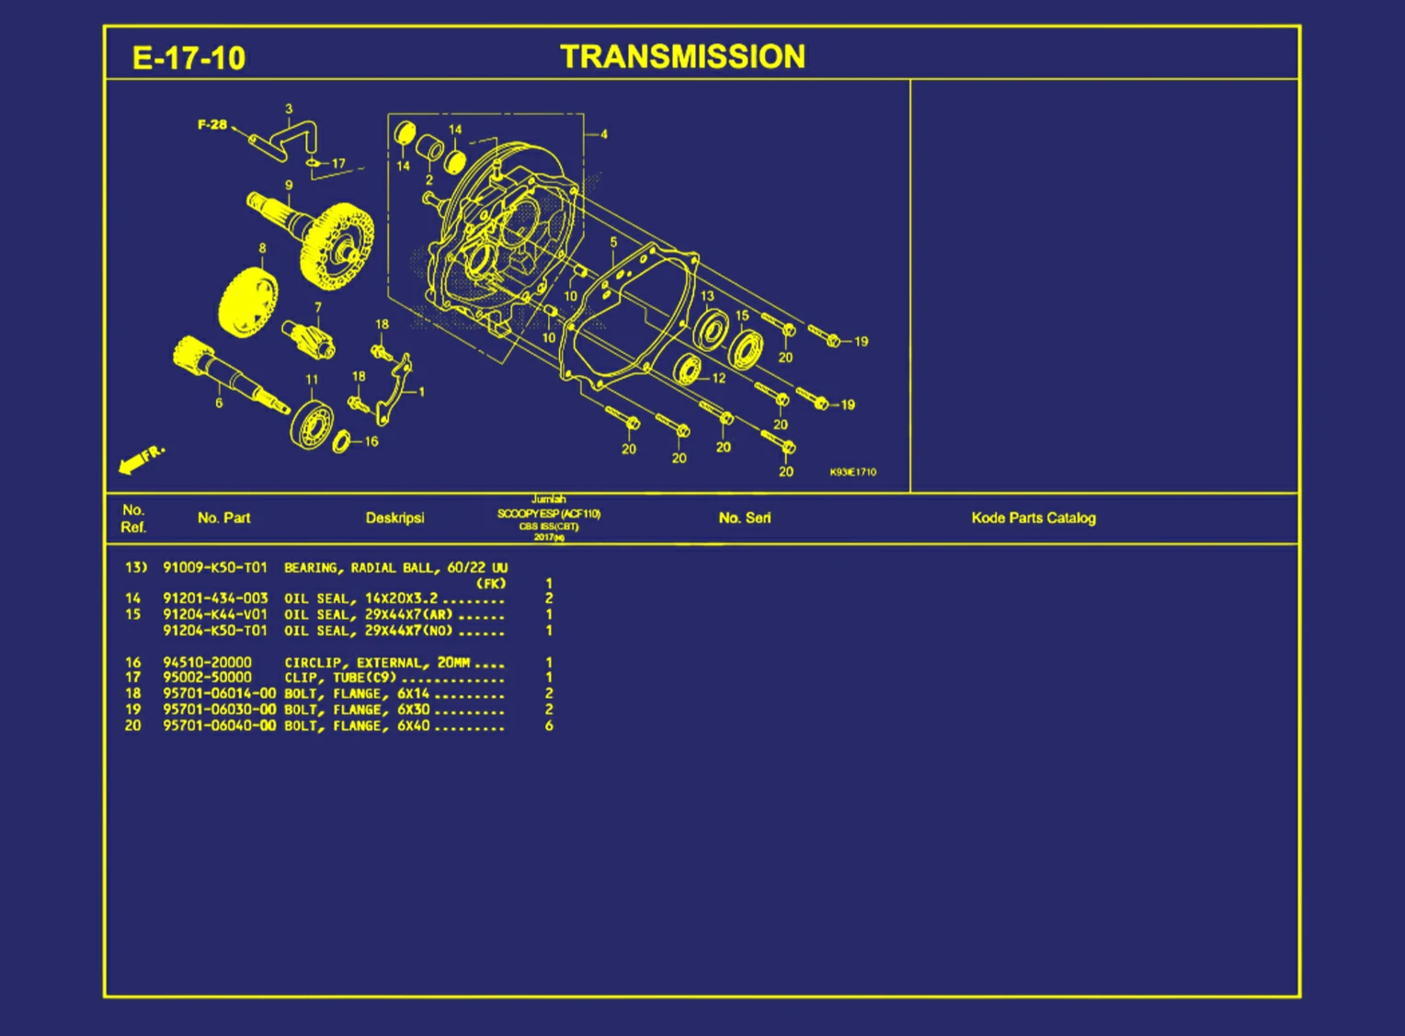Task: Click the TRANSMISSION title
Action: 682,57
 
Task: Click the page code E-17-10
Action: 188,59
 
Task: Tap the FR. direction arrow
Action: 140,460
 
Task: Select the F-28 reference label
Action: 212,124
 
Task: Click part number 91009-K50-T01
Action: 215,567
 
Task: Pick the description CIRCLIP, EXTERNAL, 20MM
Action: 377,663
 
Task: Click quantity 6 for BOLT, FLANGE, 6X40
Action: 549,726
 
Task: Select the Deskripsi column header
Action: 394,518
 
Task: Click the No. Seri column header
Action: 745,518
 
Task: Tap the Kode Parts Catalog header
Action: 1034,518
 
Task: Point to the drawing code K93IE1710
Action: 852,472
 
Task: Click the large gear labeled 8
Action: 247,302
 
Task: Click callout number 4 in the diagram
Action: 604,134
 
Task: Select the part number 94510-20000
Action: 207,663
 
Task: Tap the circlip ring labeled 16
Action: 341,442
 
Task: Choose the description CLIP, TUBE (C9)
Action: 340,678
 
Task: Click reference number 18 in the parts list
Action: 133,694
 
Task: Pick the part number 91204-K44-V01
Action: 215,614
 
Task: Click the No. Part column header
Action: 223,518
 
